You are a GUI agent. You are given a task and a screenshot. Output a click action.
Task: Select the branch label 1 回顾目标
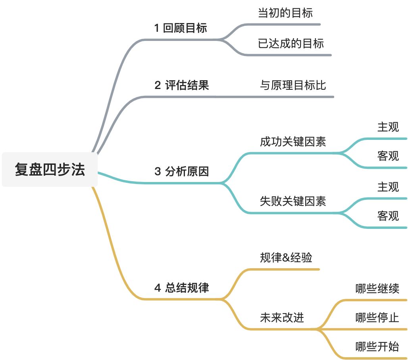click(181, 28)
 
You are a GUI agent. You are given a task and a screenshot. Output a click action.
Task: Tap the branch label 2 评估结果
click(181, 85)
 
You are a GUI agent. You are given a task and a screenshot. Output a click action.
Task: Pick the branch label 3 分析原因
click(181, 172)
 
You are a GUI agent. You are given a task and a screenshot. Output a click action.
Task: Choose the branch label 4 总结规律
click(181, 288)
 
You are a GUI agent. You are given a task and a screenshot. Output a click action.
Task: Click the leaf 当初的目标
click(285, 13)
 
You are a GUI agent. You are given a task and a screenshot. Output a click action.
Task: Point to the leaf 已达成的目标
click(291, 43)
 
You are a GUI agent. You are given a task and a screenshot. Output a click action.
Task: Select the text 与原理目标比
click(293, 85)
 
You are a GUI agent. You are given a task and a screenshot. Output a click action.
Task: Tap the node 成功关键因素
click(293, 141)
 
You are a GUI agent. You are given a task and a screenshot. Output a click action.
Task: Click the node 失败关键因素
click(293, 201)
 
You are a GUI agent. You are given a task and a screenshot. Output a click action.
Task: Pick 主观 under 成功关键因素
click(388, 127)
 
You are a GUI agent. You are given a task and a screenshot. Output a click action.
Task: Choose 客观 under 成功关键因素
click(388, 156)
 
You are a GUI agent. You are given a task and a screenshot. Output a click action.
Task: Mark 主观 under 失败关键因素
click(388, 187)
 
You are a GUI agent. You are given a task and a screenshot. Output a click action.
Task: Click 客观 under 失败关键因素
click(388, 216)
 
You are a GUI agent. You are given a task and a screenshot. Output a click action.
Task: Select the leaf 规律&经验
click(286, 258)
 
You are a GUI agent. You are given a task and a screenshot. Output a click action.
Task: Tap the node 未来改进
click(282, 317)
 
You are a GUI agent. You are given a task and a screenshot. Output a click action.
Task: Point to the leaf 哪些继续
click(377, 288)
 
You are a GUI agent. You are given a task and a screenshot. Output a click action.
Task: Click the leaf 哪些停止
click(377, 317)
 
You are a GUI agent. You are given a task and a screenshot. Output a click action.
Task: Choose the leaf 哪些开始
click(377, 346)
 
